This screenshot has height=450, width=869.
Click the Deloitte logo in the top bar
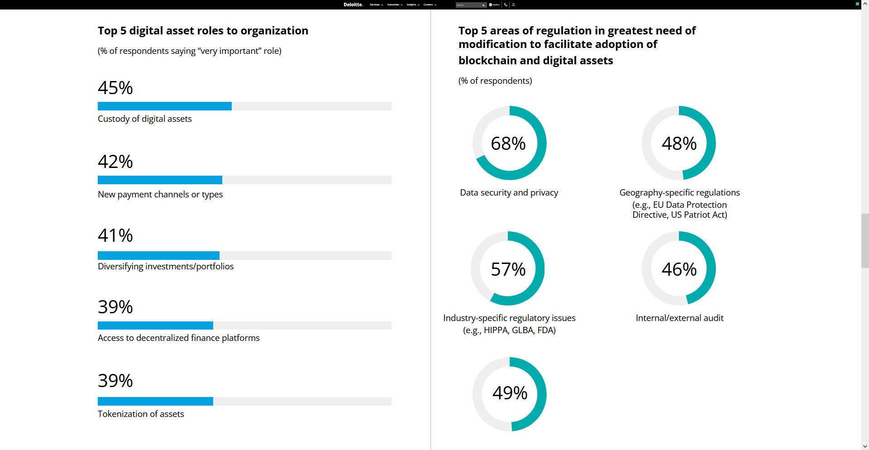(353, 5)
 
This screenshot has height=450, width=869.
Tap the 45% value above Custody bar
(115, 88)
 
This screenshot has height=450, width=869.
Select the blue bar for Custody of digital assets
(165, 106)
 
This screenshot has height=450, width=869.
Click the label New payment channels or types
(160, 194)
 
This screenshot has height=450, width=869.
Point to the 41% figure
(115, 235)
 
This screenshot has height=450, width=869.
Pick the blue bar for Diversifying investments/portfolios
(158, 255)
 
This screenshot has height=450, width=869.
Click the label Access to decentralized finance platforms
(179, 338)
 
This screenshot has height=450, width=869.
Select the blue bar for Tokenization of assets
(155, 401)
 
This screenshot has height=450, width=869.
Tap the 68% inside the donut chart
(508, 144)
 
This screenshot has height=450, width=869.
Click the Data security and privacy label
(509, 192)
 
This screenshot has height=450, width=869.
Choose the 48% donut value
(679, 144)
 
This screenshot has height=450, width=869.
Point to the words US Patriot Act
(699, 215)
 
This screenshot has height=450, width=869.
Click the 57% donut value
(508, 269)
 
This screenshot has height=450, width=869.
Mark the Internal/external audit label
(679, 318)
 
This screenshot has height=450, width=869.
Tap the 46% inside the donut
(679, 269)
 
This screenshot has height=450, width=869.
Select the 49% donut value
(510, 393)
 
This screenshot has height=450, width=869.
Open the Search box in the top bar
(469, 5)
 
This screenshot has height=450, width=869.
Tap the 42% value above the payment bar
(115, 162)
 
